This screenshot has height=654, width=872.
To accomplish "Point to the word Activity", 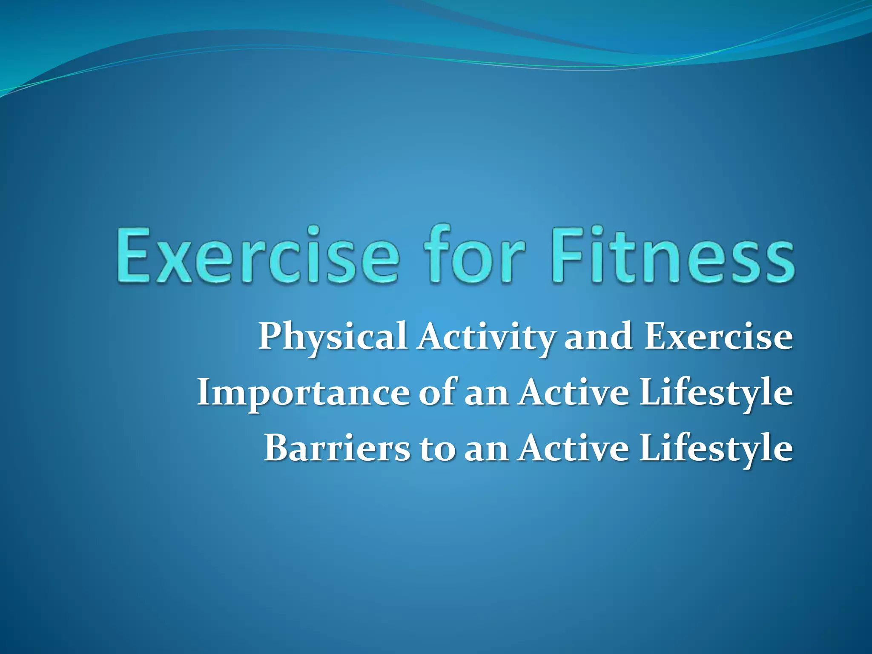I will tap(486, 337).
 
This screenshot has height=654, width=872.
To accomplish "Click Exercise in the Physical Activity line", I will tap(718, 337).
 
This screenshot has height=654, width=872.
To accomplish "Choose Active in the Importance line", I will tap(573, 392).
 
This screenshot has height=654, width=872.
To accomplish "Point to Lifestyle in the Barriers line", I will tap(716, 450).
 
